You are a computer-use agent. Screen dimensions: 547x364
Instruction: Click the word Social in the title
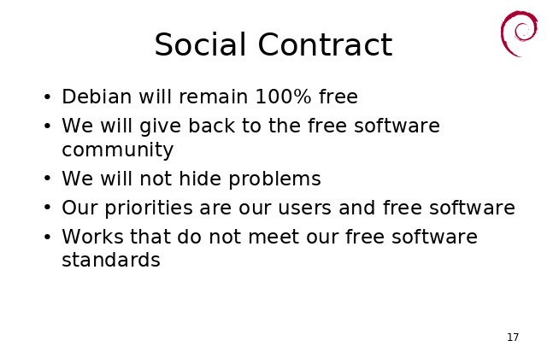click(x=200, y=44)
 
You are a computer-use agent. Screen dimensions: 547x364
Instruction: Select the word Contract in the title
click(x=325, y=44)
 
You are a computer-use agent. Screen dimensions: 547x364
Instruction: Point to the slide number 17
click(x=513, y=338)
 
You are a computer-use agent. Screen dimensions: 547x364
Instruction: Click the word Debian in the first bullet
click(x=97, y=97)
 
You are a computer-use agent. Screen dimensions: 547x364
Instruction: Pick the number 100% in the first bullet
click(x=283, y=97)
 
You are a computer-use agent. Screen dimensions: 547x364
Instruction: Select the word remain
click(x=213, y=97)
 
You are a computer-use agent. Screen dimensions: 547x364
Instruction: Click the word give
click(x=160, y=126)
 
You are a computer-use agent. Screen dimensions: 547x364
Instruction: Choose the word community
click(x=118, y=150)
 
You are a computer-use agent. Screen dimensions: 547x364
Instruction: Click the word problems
click(x=275, y=179)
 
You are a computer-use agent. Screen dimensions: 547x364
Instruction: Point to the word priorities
click(x=149, y=208)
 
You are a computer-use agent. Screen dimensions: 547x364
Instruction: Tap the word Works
click(x=93, y=237)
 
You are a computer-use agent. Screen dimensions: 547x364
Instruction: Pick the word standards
click(x=111, y=260)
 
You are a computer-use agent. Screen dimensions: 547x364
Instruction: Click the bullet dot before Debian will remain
click(x=48, y=97)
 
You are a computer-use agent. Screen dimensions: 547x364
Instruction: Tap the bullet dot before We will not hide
click(x=48, y=179)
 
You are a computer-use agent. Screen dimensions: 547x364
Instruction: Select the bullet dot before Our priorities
click(x=48, y=208)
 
